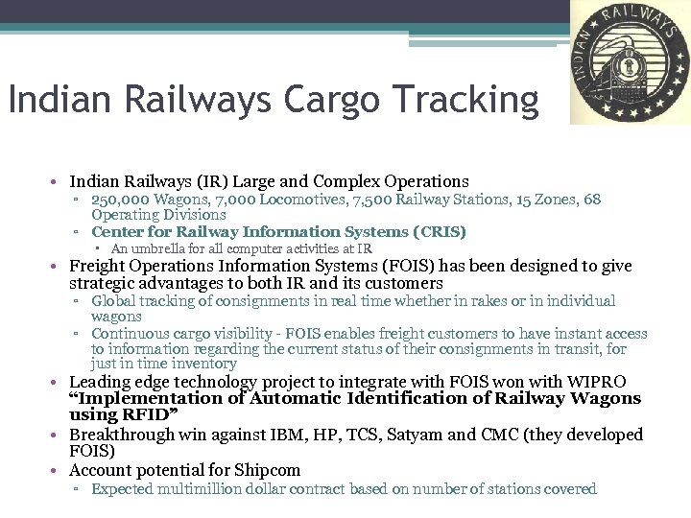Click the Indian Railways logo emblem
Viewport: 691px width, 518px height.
pyautogui.click(x=630, y=63)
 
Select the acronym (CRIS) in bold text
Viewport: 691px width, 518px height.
pyautogui.click(x=439, y=232)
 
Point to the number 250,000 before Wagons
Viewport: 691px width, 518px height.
pyautogui.click(x=120, y=200)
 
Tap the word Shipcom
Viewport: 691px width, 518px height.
pyautogui.click(x=267, y=470)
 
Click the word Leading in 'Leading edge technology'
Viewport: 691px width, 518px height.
pyautogui.click(x=98, y=382)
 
